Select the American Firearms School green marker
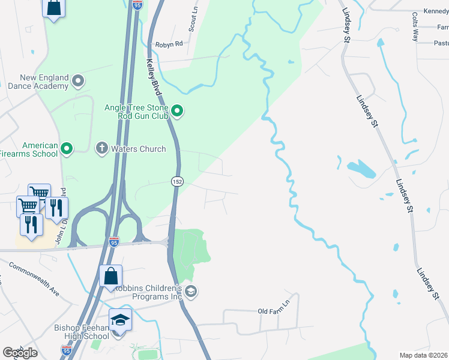pyautogui.click(x=67, y=147)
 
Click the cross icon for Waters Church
pyautogui.click(x=102, y=147)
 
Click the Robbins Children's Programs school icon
pyautogui.click(x=191, y=292)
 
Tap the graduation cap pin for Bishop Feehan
pyautogui.click(x=120, y=320)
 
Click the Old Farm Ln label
pyautogui.click(x=274, y=311)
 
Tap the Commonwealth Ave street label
pyautogui.click(x=34, y=280)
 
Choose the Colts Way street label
pyautogui.click(x=415, y=26)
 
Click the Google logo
pyautogui.click(x=20, y=353)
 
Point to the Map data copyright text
pyautogui.click(x=424, y=355)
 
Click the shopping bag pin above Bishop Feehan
pyautogui.click(x=111, y=277)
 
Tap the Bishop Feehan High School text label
pyautogui.click(x=82, y=332)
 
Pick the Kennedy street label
pyautogui.click(x=436, y=11)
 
